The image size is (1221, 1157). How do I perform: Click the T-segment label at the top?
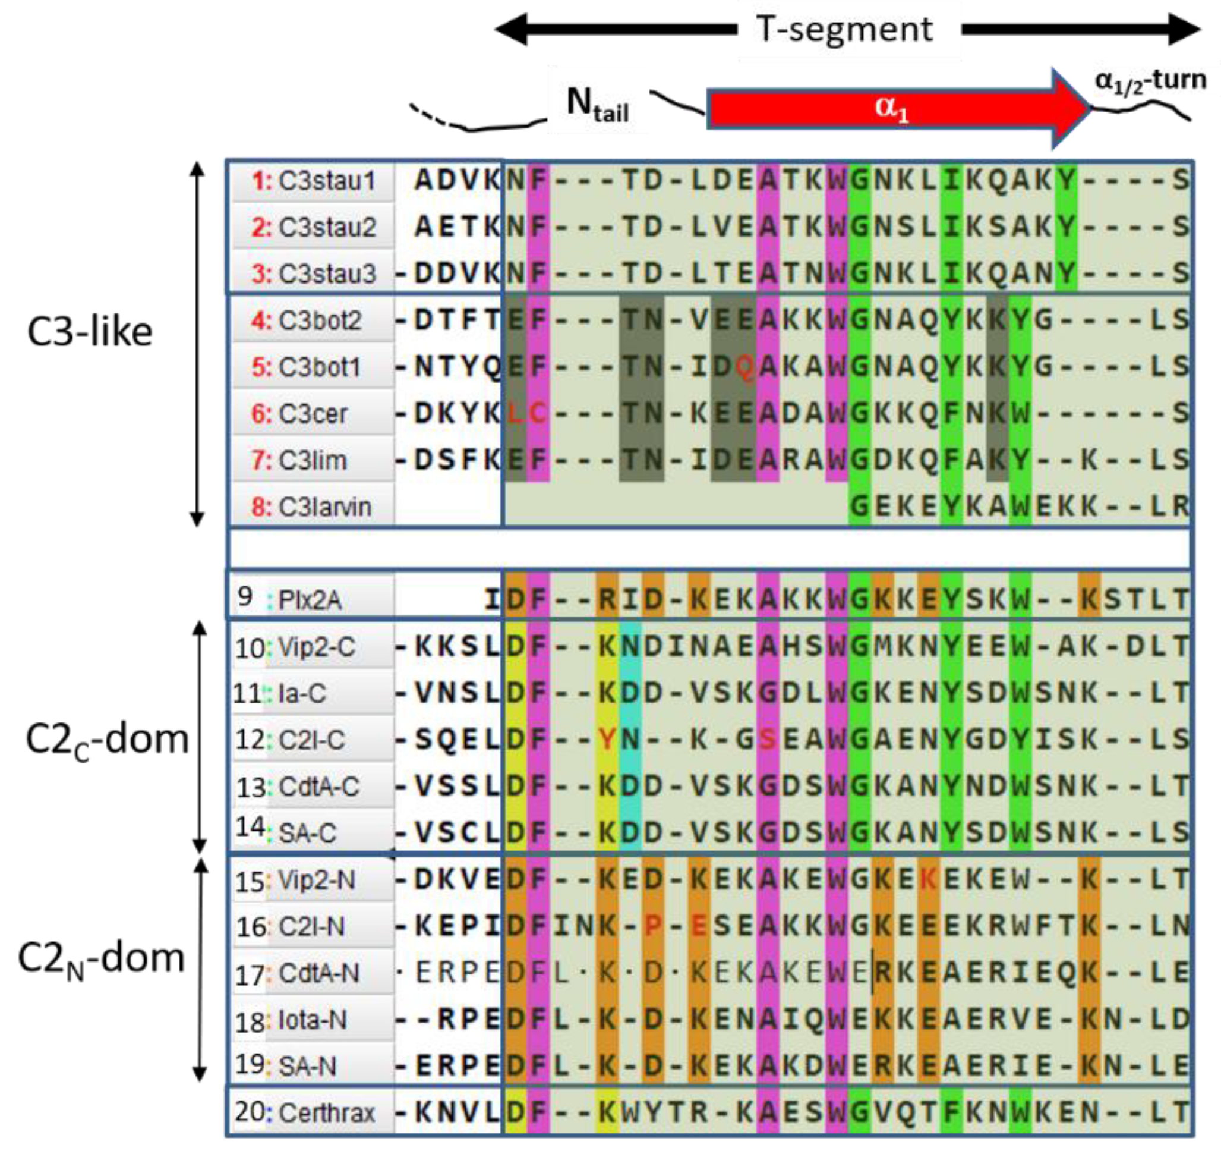tap(844, 30)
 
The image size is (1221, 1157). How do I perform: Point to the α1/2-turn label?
tap(1150, 81)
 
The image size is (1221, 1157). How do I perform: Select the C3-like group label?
tap(90, 332)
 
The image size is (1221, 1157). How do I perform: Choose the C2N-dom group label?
tap(101, 958)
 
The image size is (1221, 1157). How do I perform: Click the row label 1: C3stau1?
tap(313, 181)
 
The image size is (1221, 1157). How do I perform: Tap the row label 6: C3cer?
tap(299, 413)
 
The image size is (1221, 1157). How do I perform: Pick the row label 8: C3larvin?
tap(311, 507)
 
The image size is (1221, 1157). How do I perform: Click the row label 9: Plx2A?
tap(290, 599)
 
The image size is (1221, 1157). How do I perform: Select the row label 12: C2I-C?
tap(290, 740)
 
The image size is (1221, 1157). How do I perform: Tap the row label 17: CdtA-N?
tap(296, 973)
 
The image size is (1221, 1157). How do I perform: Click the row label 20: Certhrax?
tap(304, 1112)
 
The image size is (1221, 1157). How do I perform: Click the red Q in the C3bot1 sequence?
tap(744, 367)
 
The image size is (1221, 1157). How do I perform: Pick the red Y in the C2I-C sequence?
tap(607, 740)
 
